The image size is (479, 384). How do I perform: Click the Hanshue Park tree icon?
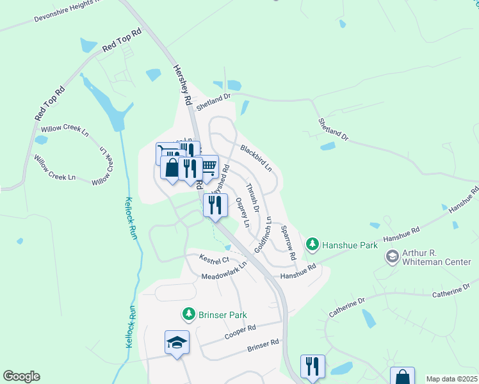point(312,243)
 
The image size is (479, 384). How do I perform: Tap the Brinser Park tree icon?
point(188,314)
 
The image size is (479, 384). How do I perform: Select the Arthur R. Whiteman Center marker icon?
point(391,257)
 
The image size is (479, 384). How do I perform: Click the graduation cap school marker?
point(177,342)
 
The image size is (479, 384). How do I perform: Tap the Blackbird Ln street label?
point(256,159)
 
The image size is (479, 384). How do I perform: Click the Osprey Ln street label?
point(242,212)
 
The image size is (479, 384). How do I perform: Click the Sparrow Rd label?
point(288,246)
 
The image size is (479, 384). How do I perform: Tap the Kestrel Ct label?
point(214,260)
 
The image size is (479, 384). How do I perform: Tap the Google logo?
point(21,376)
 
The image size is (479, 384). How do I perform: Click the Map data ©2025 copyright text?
point(451,379)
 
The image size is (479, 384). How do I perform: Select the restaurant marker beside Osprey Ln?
point(215,205)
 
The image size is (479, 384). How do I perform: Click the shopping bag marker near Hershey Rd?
point(172,168)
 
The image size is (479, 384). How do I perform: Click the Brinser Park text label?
point(222,315)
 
